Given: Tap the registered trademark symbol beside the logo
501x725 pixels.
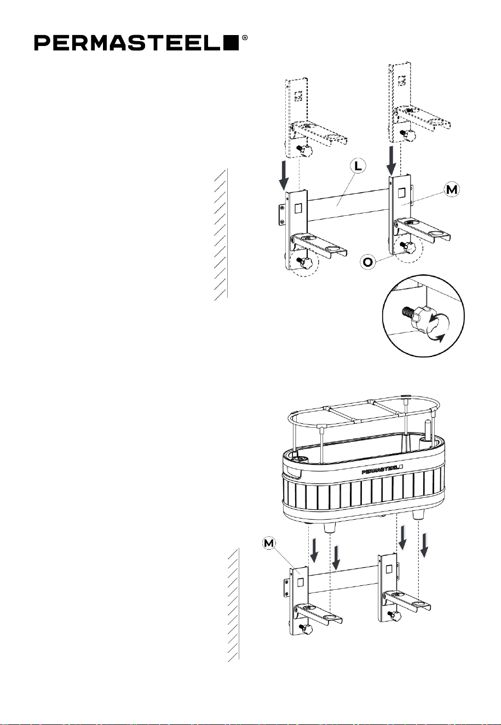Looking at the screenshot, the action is click(x=245, y=38).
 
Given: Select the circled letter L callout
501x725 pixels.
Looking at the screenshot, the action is click(x=358, y=166).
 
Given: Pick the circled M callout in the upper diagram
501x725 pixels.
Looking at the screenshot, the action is click(x=452, y=189).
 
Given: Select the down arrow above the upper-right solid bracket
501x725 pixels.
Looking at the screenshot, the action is click(x=391, y=160).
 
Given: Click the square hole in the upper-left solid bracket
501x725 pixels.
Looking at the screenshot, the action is click(x=298, y=208).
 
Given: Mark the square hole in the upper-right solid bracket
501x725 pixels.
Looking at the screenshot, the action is click(x=401, y=193).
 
